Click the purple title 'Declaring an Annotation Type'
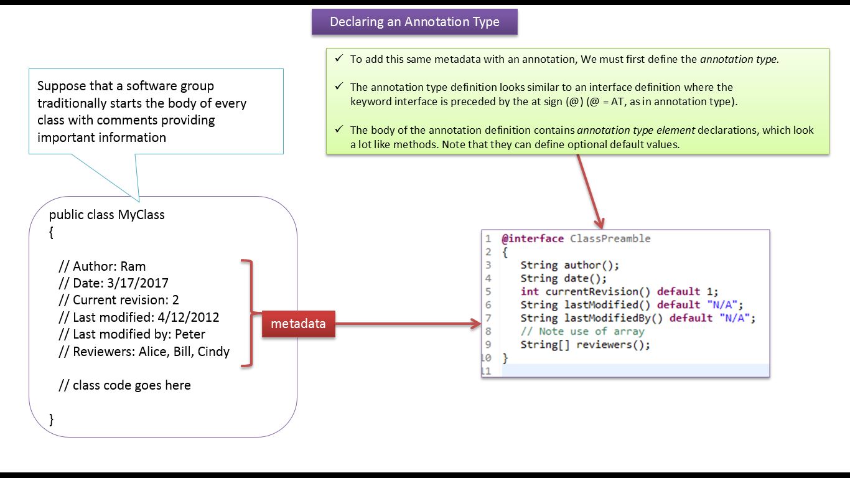coord(414,22)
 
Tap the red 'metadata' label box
coord(298,324)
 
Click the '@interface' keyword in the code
coord(533,239)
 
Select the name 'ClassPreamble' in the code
coord(610,239)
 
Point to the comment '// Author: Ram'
coord(102,266)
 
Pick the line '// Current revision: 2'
coord(118,300)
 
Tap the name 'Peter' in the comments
coord(190,334)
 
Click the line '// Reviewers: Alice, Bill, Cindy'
coord(144,352)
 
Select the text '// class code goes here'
coord(124,385)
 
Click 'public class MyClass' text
coord(107,215)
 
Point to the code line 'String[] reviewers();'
coord(585,345)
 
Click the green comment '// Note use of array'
coord(582,331)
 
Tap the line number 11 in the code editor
coord(486,371)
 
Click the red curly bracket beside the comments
coord(248,313)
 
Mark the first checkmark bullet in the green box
coord(339,59)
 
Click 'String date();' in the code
coord(563,279)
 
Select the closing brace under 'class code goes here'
coord(52,419)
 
